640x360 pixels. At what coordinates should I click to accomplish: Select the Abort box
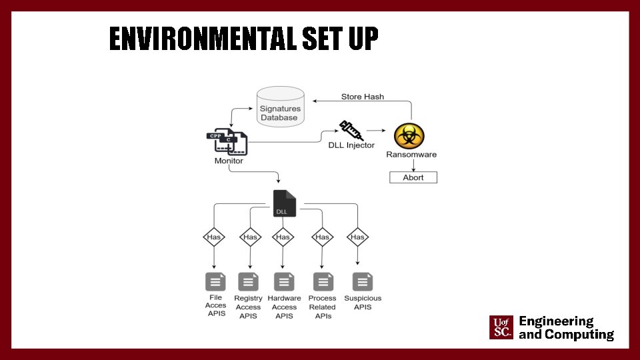pyautogui.click(x=413, y=177)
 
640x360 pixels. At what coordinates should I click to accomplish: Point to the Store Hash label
pyautogui.click(x=363, y=97)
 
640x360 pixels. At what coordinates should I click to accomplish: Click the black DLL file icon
pyautogui.click(x=285, y=203)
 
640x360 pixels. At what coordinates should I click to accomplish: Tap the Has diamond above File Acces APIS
pyautogui.click(x=213, y=237)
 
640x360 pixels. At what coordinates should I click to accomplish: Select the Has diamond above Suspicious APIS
pyautogui.click(x=358, y=237)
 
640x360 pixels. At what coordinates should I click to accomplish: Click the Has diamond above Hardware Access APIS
pyautogui.click(x=283, y=237)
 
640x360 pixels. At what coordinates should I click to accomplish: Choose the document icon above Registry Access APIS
pyautogui.click(x=249, y=282)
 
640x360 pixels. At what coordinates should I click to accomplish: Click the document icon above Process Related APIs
pyautogui.click(x=323, y=282)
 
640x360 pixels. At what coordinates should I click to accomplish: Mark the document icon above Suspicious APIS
pyautogui.click(x=363, y=281)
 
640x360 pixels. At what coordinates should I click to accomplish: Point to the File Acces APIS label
pyautogui.click(x=216, y=305)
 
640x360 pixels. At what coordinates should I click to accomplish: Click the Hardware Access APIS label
pyautogui.click(x=284, y=307)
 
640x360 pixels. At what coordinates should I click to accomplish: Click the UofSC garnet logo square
pyautogui.click(x=501, y=328)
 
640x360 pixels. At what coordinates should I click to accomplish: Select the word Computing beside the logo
pyautogui.click(x=579, y=335)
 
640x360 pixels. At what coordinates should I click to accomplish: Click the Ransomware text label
pyautogui.click(x=411, y=155)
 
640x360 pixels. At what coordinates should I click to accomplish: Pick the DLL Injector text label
pyautogui.click(x=351, y=145)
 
